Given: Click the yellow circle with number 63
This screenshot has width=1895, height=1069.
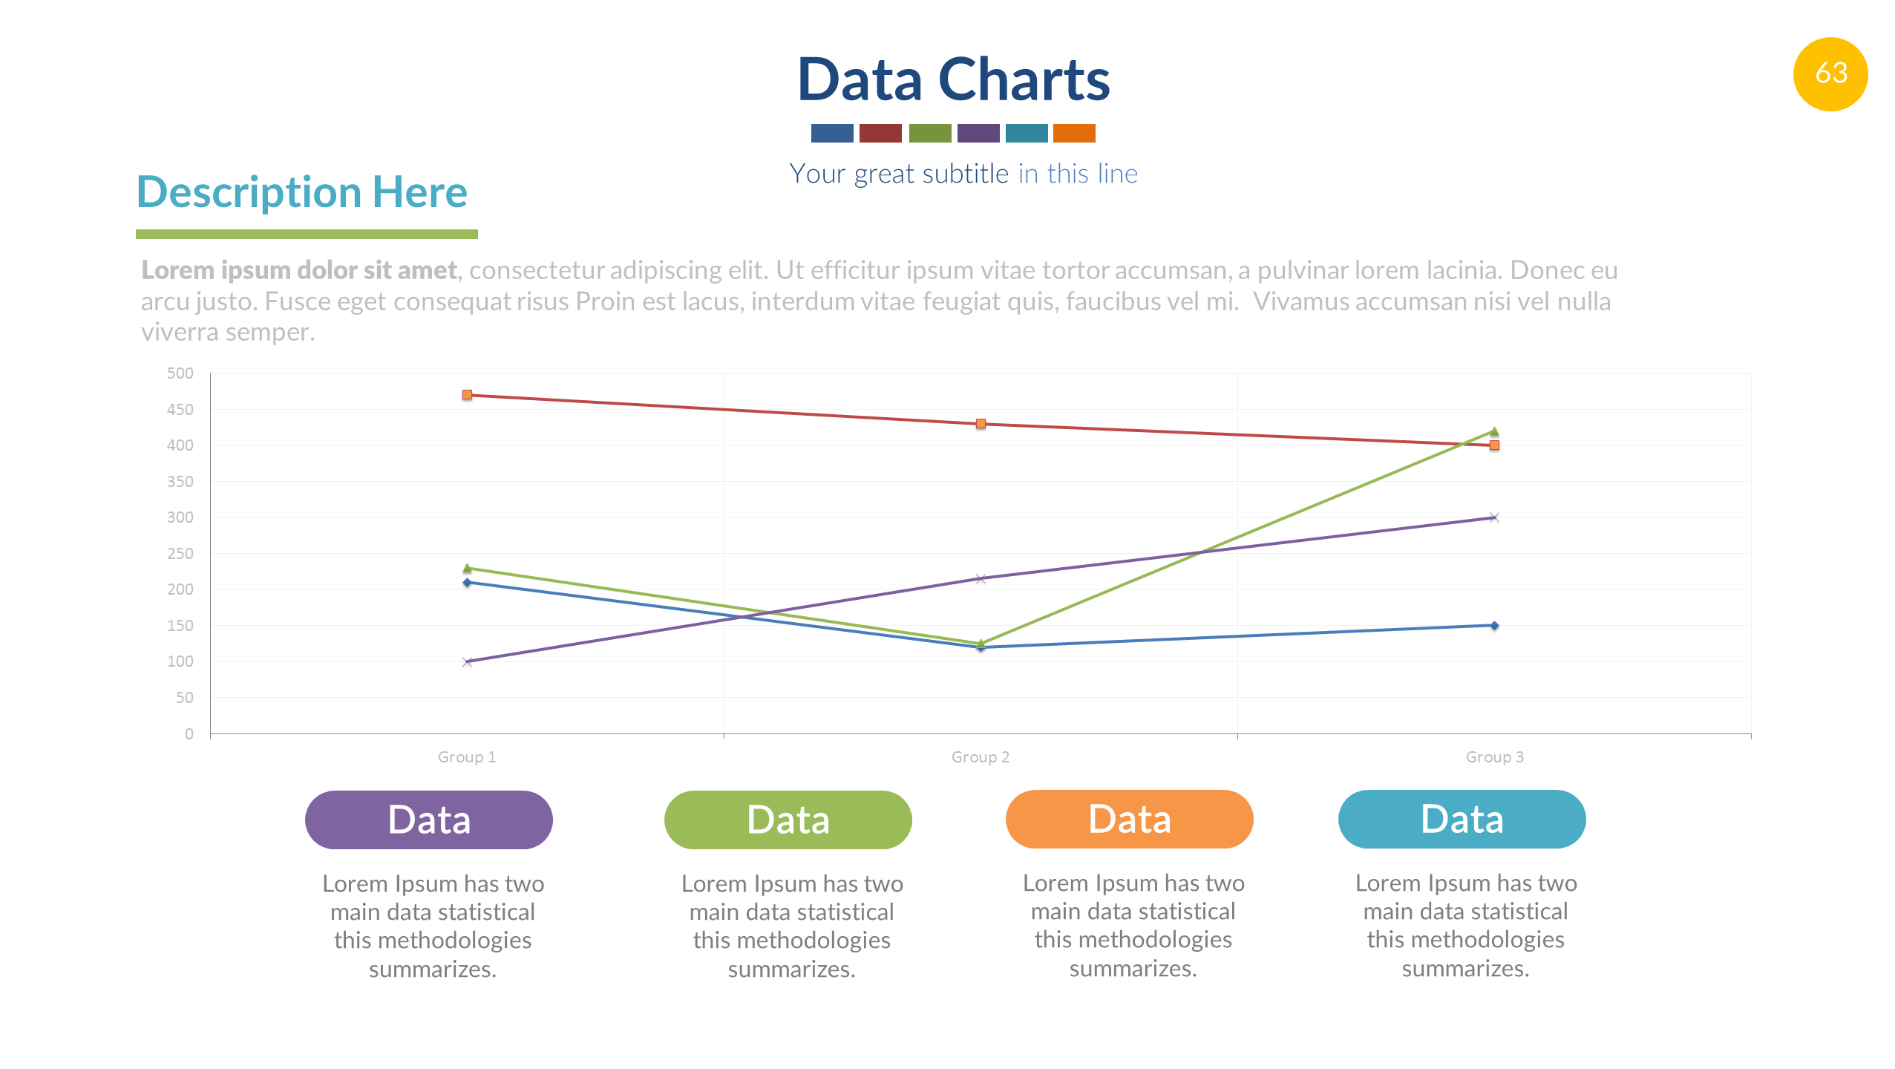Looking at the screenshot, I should coord(1830,73).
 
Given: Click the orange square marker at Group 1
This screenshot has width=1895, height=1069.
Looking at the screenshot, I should coord(467,395).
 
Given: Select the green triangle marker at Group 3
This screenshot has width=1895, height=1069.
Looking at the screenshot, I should coord(1494,431).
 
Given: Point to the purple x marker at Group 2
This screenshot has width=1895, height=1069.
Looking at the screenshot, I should coord(981,579).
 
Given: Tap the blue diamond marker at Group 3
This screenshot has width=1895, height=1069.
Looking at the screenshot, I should coord(1494,626).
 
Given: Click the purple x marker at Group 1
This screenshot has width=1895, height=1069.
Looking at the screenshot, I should coord(467,661).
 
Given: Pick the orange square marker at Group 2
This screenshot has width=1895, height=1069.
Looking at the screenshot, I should coord(981,424).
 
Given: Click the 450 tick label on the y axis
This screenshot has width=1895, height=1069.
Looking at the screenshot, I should coord(180,410).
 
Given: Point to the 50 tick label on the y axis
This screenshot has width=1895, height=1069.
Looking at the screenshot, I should coord(184,698).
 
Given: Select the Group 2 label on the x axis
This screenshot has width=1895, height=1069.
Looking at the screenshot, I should coord(980,757).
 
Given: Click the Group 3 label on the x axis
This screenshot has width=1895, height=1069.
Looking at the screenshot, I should coord(1494,757).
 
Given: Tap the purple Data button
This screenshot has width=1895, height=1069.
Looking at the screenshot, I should coord(428,820).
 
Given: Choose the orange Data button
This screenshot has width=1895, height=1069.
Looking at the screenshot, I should coord(1129,819).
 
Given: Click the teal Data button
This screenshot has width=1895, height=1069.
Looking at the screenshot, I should coord(1462,819).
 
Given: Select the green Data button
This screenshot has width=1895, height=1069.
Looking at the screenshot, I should coord(788,820).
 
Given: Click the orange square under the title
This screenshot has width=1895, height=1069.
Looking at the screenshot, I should coord(1073,133).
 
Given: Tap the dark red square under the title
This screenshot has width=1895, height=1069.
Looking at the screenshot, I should coord(880,133).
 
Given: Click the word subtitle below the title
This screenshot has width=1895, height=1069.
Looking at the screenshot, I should coord(965,174).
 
